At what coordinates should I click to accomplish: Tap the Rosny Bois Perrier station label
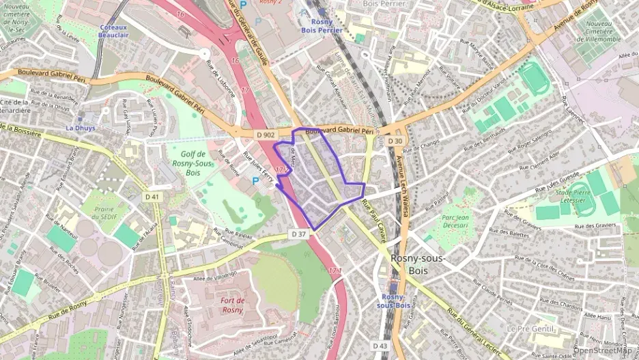(321, 26)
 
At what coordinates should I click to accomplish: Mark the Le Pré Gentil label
(530, 328)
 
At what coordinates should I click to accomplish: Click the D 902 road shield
(266, 135)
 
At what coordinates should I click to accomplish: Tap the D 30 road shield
(395, 141)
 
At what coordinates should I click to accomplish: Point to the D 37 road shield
(298, 234)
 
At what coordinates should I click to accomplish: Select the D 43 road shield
(380, 346)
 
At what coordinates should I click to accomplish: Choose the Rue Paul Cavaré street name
(375, 222)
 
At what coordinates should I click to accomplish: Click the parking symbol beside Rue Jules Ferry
(257, 180)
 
